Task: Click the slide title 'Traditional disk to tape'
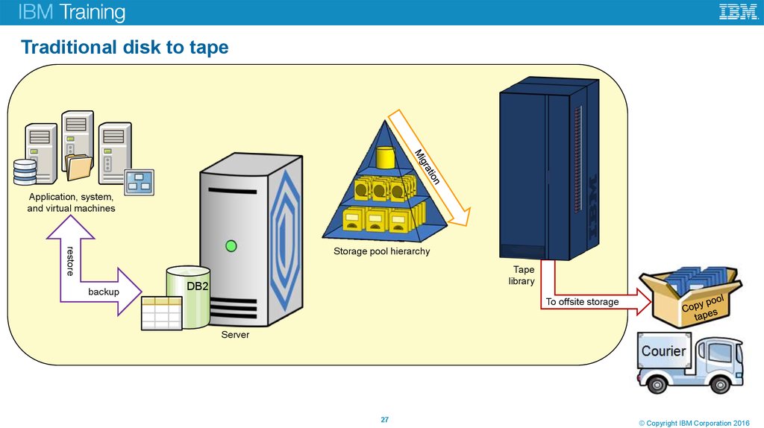(125, 48)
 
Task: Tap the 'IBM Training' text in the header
(72, 13)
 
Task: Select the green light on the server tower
(231, 245)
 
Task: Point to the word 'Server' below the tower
(235, 336)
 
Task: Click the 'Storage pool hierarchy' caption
(381, 251)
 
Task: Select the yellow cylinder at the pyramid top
(385, 157)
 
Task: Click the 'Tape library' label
(523, 275)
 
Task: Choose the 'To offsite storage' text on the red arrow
(582, 302)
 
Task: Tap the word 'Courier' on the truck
(663, 350)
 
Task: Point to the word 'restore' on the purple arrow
(70, 260)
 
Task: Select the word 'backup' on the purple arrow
(104, 292)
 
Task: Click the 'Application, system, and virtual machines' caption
(71, 203)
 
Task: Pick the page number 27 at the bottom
(385, 419)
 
